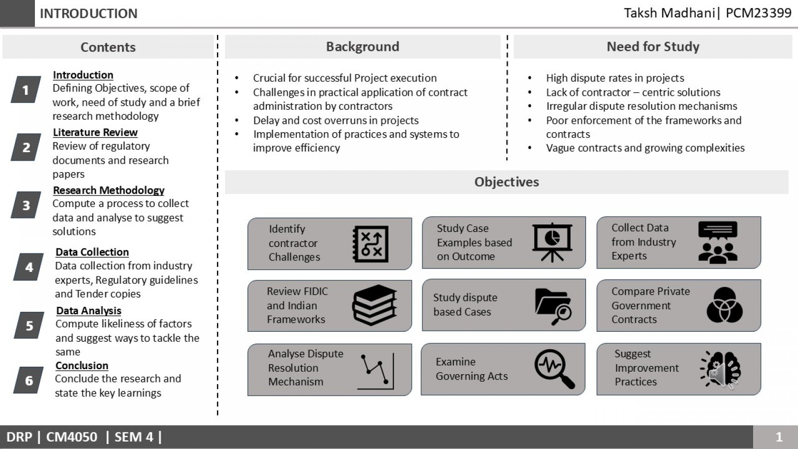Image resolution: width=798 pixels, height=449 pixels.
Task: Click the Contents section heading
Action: (x=108, y=47)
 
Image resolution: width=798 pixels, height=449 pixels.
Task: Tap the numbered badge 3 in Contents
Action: (x=26, y=205)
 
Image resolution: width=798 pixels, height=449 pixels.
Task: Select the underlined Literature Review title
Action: (x=95, y=132)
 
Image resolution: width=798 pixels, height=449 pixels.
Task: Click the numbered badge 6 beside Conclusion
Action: (x=28, y=380)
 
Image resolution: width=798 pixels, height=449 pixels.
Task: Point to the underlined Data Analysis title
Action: (x=89, y=311)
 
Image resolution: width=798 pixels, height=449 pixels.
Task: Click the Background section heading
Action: (x=363, y=47)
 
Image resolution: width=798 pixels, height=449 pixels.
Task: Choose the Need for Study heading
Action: (x=653, y=47)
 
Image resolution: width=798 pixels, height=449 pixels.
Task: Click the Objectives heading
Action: (x=507, y=182)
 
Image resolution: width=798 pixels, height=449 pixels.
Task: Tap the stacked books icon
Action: (x=375, y=305)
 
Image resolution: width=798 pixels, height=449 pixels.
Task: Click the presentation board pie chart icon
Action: (x=552, y=242)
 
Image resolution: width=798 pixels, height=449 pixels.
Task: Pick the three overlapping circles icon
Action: (x=725, y=305)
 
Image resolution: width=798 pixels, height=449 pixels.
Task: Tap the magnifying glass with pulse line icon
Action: (x=555, y=369)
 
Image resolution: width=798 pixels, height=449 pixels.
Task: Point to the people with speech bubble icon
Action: (x=718, y=242)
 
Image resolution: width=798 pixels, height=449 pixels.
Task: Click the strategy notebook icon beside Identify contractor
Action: (x=371, y=244)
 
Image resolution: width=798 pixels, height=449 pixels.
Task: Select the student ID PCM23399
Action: (x=759, y=13)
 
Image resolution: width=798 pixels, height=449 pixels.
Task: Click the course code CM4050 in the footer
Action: (x=72, y=437)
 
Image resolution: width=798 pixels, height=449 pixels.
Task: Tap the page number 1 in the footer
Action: (x=779, y=437)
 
